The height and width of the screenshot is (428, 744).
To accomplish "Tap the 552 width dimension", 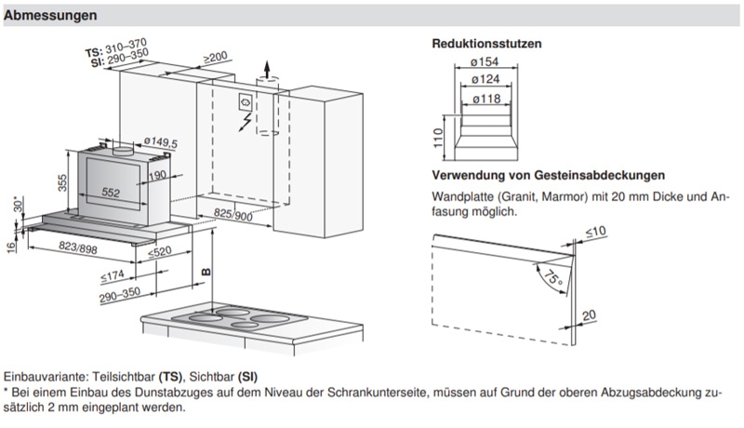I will click(113, 193).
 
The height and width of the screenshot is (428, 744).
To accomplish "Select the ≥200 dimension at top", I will click(216, 58).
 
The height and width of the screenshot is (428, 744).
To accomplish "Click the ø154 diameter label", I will click(484, 61).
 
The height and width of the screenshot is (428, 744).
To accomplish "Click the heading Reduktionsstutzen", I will click(486, 44).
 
